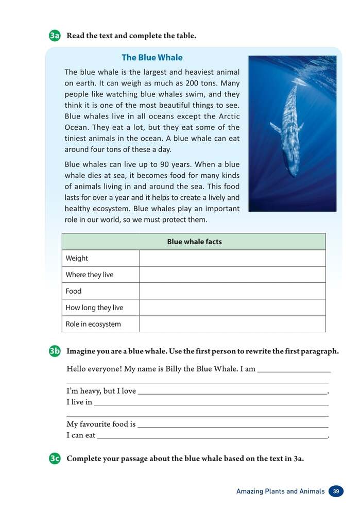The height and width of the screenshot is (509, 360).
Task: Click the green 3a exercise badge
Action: pos(55,36)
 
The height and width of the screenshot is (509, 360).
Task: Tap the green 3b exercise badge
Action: pos(55,351)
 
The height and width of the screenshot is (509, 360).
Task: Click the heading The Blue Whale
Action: pos(152,58)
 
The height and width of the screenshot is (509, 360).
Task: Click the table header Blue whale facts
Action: pos(194,242)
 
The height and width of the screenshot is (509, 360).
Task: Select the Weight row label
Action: pos(77,258)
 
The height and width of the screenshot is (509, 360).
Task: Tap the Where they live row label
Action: pos(89,275)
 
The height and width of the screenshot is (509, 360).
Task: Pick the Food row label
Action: pos(74,291)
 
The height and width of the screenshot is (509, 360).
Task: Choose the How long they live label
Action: pos(94,308)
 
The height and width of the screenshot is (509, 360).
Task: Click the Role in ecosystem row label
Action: pos(93,324)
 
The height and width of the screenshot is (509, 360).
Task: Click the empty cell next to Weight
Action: pos(232,258)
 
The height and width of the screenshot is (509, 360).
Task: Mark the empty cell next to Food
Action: pos(232,291)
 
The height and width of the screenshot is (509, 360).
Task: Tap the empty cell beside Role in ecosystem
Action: pos(232,324)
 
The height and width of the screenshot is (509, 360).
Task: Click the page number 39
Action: pos(336,491)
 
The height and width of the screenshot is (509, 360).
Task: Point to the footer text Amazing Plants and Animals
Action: pos(280,491)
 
